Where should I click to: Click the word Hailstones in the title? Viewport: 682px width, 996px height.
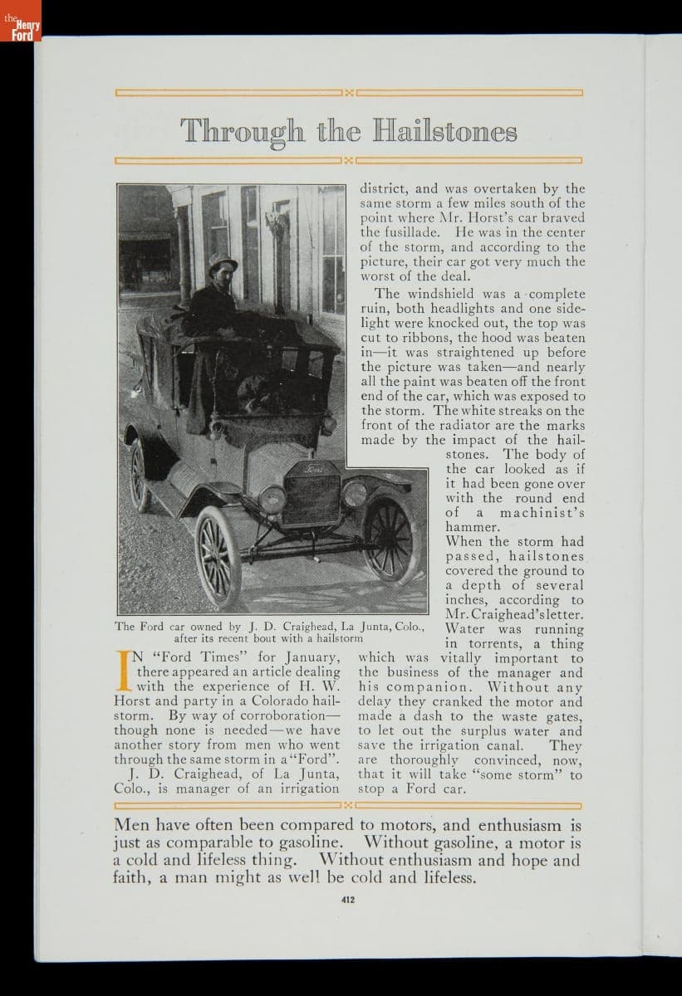tap(445, 131)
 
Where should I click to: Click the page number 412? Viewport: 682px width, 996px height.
tap(349, 897)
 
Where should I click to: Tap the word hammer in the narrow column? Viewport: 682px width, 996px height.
tap(471, 527)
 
